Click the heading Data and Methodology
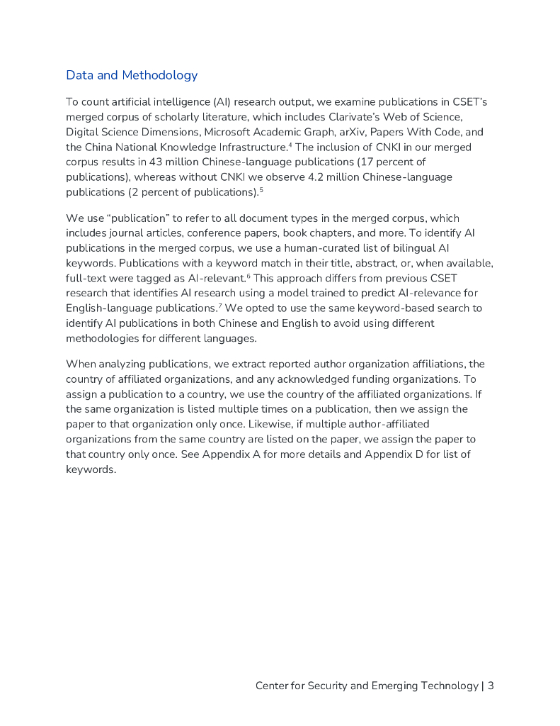point(132,75)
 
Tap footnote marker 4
point(292,145)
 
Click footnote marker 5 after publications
point(261,189)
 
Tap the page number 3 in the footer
point(491,686)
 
